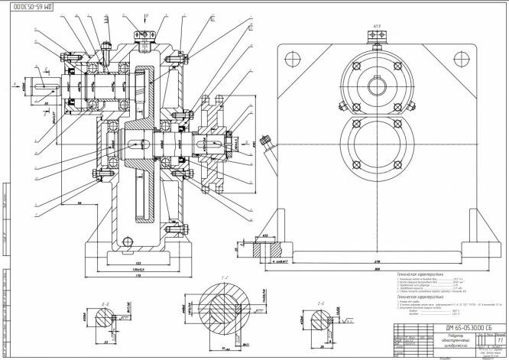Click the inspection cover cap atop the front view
(x=376, y=44)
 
